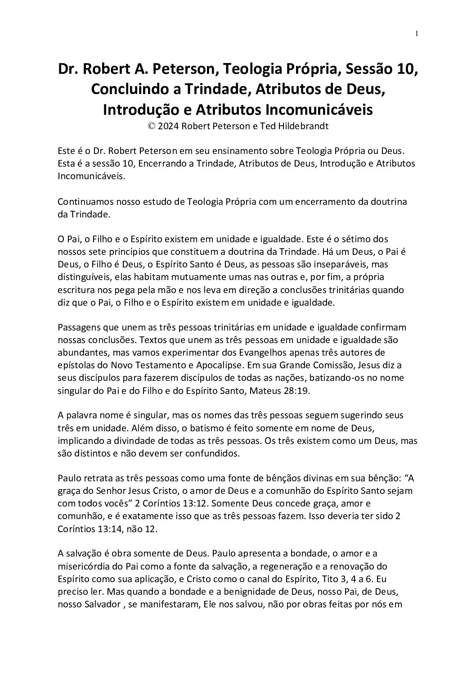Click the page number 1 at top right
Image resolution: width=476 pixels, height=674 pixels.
click(x=417, y=34)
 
